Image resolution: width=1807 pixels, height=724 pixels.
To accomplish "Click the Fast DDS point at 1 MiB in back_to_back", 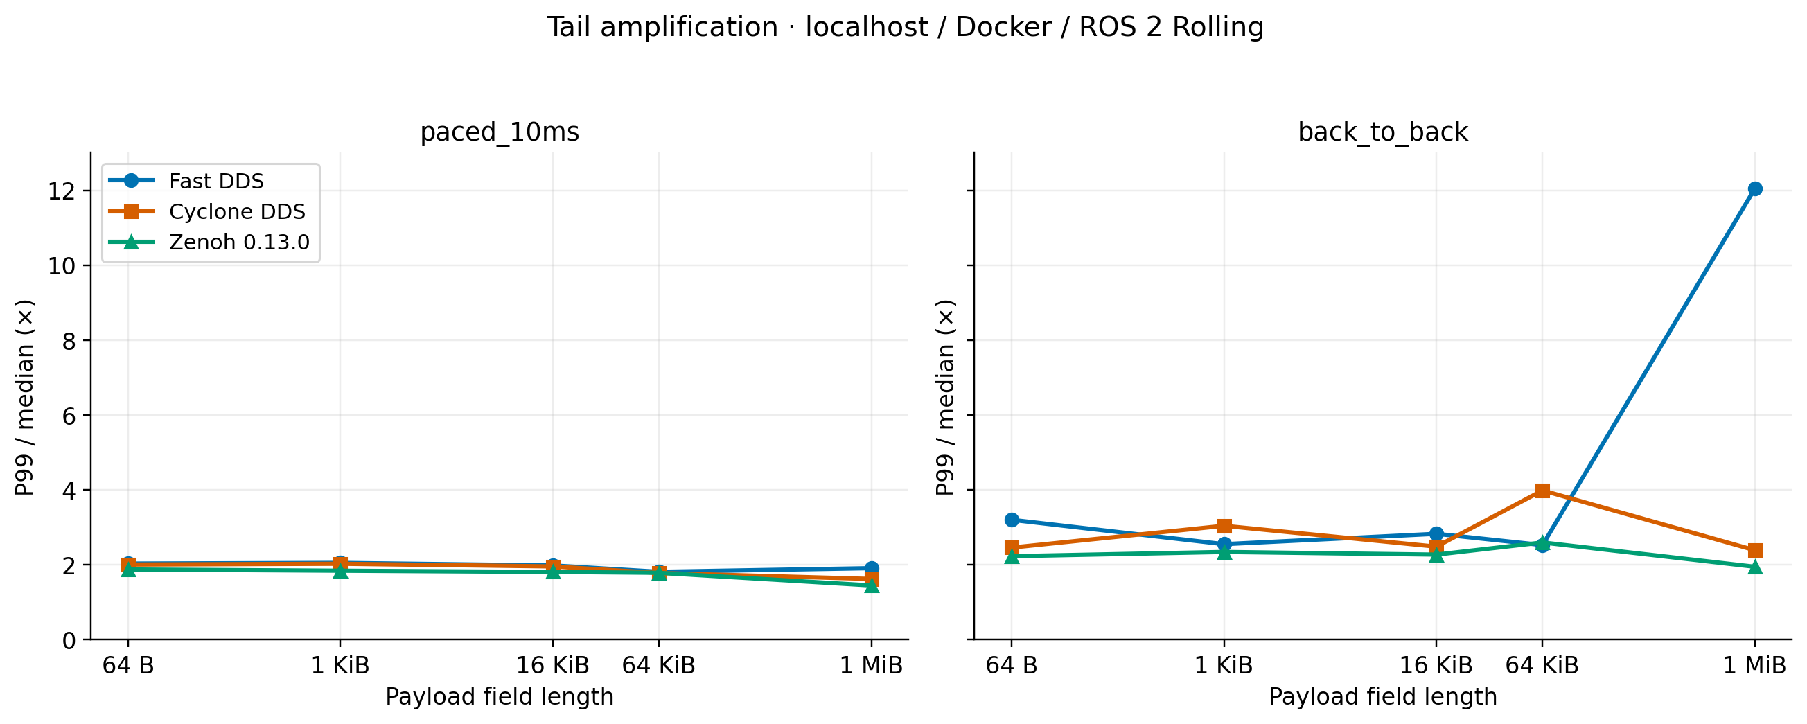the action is click(1754, 188).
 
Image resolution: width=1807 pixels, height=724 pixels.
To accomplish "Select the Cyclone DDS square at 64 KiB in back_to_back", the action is click(1542, 491).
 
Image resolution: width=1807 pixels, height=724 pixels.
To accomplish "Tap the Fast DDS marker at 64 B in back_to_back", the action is click(1012, 520).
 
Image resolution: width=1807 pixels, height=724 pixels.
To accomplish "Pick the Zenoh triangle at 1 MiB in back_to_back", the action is click(1754, 566).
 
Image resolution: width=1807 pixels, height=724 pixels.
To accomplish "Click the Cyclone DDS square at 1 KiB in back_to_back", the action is click(1224, 526).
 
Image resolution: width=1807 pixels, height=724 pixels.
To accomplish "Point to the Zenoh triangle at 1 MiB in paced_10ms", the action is click(871, 585).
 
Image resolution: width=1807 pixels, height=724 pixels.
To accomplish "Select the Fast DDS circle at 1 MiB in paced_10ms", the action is click(871, 568).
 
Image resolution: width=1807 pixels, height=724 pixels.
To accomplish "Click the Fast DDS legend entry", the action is click(186, 181).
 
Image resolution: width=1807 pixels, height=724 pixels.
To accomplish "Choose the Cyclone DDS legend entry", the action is click(207, 211).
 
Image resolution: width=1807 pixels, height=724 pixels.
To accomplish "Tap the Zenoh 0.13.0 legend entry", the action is click(209, 242).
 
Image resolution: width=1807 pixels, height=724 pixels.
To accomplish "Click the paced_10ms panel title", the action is click(500, 132).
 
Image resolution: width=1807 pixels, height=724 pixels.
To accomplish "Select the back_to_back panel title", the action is click(1382, 132).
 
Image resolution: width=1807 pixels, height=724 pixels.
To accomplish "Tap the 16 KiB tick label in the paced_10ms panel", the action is click(553, 665).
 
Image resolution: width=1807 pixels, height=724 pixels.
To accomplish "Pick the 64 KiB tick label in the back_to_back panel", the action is click(1542, 665).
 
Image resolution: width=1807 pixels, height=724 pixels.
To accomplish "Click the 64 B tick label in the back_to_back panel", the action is click(1012, 665).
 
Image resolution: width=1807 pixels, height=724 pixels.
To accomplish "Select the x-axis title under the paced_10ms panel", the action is click(500, 697).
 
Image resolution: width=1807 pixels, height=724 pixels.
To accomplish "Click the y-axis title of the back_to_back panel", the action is click(945, 397).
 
